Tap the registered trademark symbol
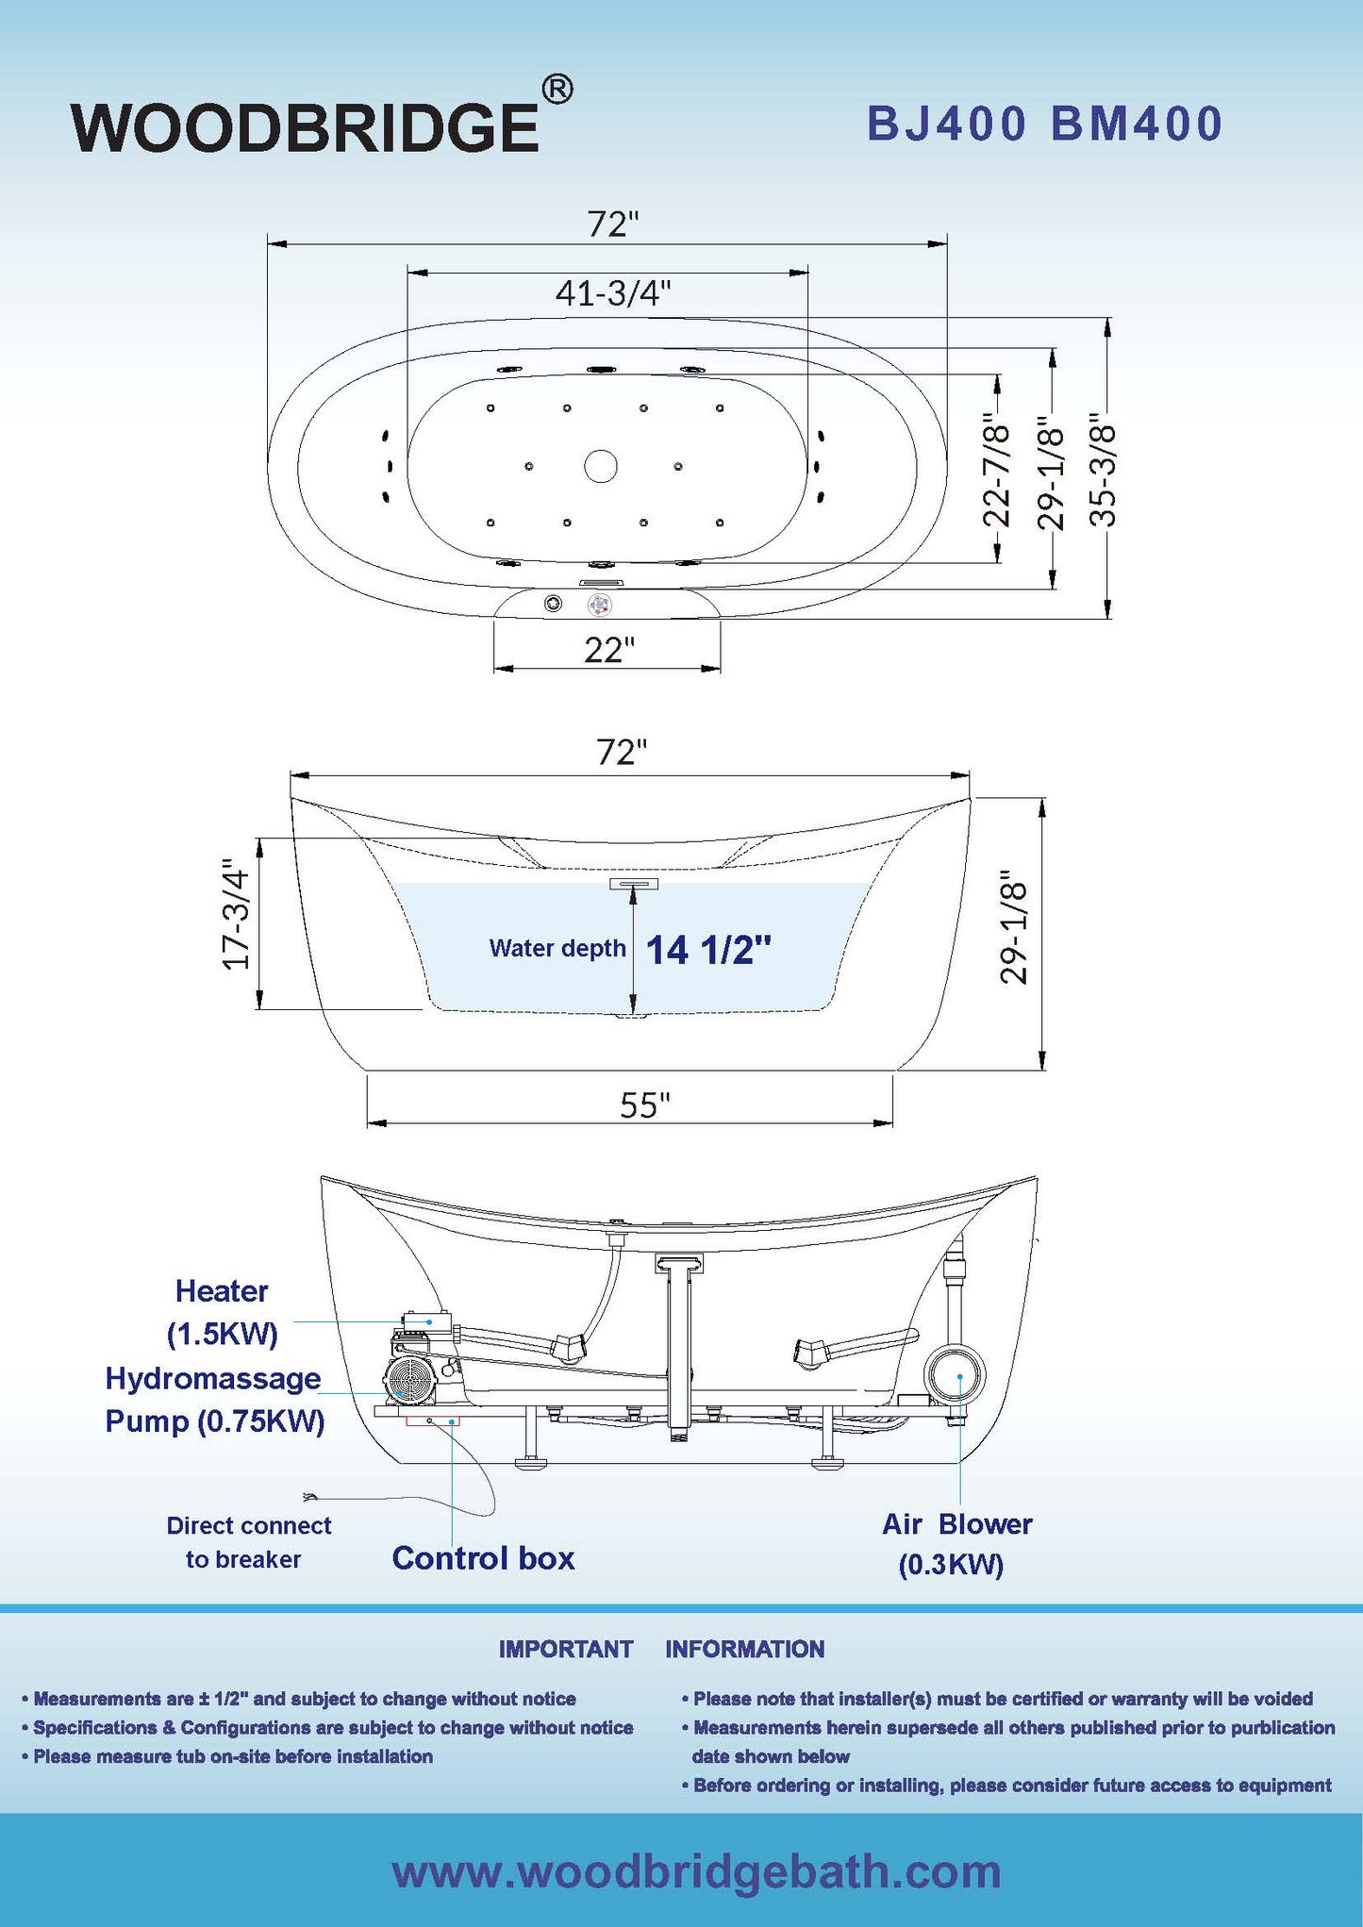tap(557, 90)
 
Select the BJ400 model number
tap(946, 125)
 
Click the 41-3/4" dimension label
tap(613, 294)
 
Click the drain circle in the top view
tap(601, 465)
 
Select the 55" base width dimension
tap(644, 1105)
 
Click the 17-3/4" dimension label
tap(236, 913)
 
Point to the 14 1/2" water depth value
tap(707, 950)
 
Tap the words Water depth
tap(557, 948)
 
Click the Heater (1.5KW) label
tap(222, 1311)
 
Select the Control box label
tap(483, 1558)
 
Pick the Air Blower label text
tap(956, 1524)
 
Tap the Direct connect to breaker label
tap(248, 1542)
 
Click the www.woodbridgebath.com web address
tap(696, 1871)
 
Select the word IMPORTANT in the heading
tap(565, 1649)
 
